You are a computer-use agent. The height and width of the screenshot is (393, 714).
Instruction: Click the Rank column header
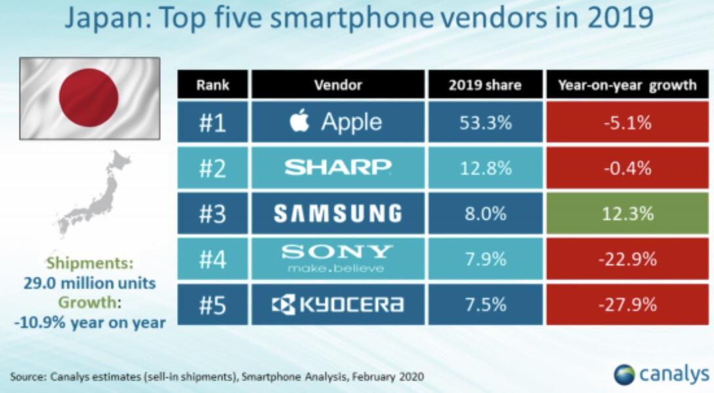[x=213, y=85]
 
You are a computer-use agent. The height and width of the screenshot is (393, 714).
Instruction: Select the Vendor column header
[x=338, y=85]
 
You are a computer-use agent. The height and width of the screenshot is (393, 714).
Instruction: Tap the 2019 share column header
[x=486, y=85]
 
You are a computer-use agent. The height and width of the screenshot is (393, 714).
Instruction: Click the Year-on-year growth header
[x=627, y=85]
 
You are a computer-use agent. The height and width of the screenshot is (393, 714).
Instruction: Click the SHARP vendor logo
[x=338, y=168]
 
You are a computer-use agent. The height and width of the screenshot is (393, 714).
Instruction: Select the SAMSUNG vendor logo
[x=338, y=213]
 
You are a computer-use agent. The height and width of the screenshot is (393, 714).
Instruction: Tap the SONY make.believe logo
[x=338, y=259]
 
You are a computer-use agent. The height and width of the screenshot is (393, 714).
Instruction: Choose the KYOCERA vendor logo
[x=338, y=304]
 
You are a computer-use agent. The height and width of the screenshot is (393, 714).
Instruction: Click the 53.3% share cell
[x=486, y=122]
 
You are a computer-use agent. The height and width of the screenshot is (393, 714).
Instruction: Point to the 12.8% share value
[x=486, y=168]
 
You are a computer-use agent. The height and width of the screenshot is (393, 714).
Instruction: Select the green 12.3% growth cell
[x=627, y=213]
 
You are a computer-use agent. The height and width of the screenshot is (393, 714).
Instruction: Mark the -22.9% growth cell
[x=627, y=259]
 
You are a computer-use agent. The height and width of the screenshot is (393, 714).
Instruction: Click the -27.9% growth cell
[x=627, y=304]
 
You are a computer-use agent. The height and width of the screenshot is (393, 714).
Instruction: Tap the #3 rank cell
[x=213, y=213]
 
